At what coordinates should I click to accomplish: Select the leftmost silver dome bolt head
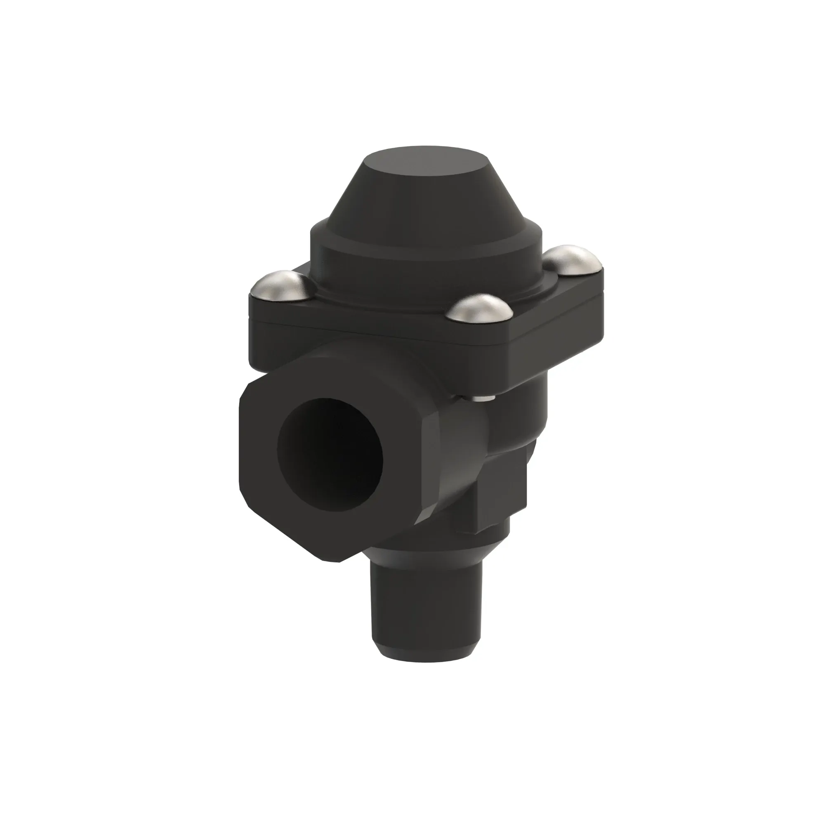(x=281, y=286)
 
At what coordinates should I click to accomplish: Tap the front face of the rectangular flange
(x=376, y=342)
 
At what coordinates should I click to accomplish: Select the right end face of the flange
(x=555, y=342)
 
